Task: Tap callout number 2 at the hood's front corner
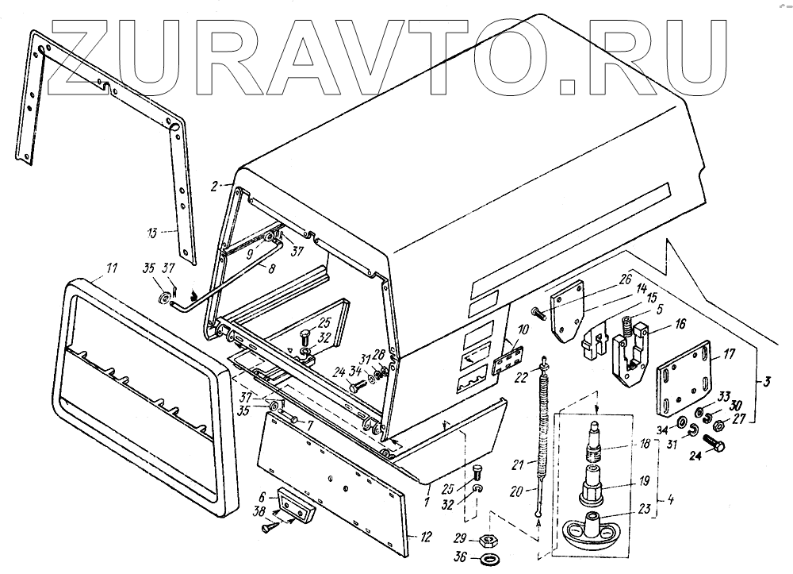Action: pos(214,186)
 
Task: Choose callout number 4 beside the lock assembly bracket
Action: pos(671,501)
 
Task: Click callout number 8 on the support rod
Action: pos(272,269)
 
